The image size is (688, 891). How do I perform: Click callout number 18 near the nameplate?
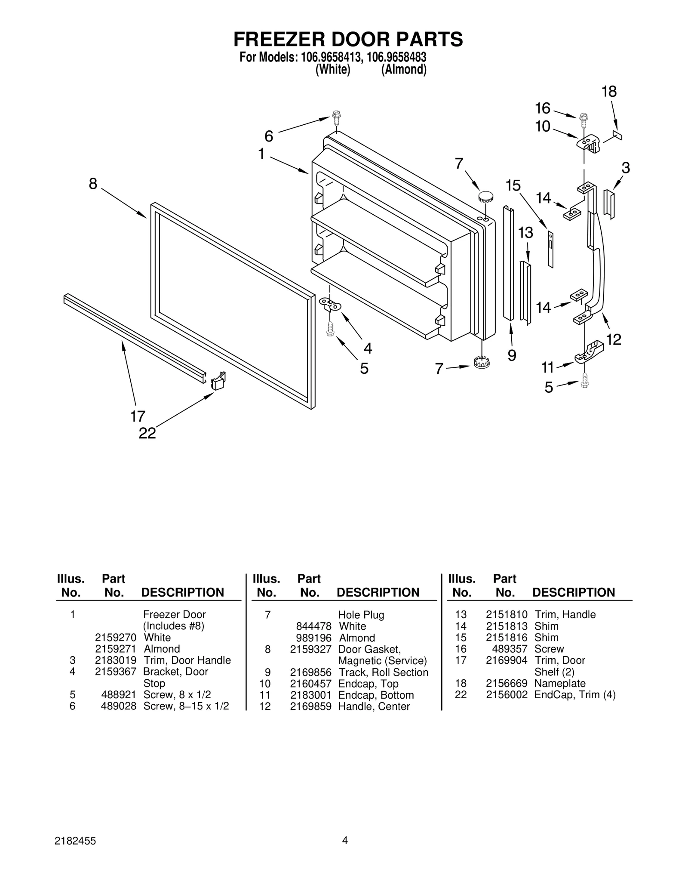609,92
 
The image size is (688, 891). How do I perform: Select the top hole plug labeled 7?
485,197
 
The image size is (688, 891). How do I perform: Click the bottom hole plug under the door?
482,363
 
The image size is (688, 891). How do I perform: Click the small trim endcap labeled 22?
218,380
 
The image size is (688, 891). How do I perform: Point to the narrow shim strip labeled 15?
551,250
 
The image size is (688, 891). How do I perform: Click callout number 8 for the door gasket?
93,184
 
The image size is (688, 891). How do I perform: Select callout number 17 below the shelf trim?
138,416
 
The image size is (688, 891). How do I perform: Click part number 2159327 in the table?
310,649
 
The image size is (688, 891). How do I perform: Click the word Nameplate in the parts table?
559,683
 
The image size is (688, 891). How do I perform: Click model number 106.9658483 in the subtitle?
396,57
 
